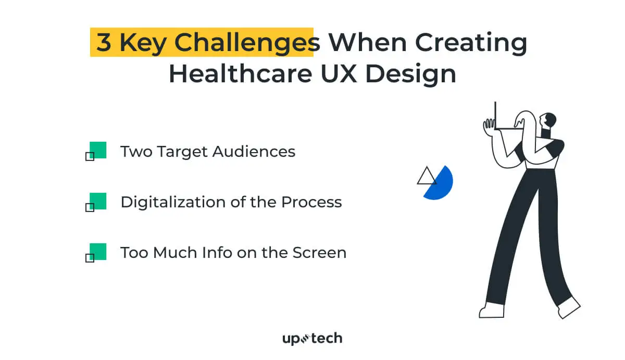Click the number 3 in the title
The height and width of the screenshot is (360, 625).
104,43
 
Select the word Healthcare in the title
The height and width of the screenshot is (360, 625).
235,73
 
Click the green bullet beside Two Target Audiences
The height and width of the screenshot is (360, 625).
97,150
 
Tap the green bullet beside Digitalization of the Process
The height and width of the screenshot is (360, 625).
97,201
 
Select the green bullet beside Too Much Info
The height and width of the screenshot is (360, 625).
97,252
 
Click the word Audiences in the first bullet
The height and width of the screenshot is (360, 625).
254,152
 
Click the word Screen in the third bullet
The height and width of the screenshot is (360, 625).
319,253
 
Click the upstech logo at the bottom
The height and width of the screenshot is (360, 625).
312,339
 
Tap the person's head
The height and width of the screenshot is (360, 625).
548,121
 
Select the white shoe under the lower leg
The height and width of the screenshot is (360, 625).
491,311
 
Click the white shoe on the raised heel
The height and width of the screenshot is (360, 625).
569,307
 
